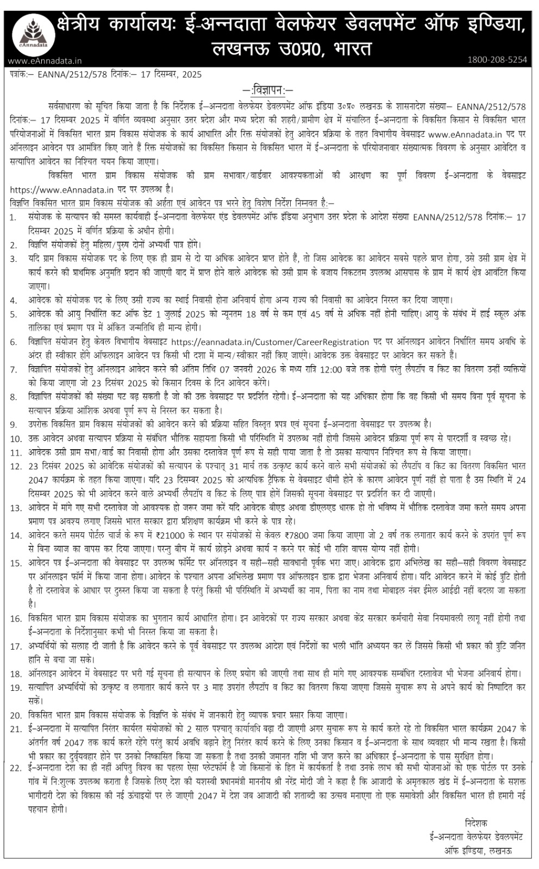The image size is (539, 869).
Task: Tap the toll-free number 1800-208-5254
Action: [x=497, y=60]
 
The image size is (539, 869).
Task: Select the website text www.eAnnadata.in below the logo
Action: [x=45, y=61]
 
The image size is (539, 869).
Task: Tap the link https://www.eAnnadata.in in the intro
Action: [x=61, y=190]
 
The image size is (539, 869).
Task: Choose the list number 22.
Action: [x=16, y=767]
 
